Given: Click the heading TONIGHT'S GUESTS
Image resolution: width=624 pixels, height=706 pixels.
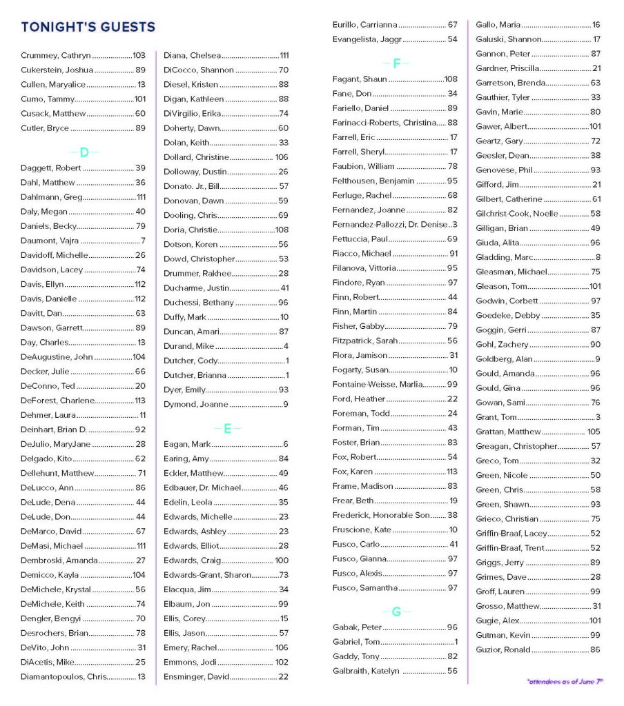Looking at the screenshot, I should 88,27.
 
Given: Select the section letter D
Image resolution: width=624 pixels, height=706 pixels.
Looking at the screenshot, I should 84,152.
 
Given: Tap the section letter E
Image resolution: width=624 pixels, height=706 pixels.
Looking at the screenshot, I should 227,429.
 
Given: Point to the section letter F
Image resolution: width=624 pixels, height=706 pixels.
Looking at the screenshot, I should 396,63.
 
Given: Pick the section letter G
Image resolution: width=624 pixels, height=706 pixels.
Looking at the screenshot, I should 396,612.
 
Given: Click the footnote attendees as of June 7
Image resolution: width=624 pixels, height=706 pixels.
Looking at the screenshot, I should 565,681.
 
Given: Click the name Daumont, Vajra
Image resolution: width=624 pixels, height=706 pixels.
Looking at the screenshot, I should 50,241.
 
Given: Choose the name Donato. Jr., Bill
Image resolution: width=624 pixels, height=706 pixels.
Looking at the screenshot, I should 191,186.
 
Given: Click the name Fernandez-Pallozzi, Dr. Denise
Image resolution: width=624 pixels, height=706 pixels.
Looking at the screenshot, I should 390,225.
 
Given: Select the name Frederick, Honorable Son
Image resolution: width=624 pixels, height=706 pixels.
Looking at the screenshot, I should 380,515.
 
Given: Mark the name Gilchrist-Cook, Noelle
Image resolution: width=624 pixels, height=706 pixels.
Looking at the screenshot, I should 517,214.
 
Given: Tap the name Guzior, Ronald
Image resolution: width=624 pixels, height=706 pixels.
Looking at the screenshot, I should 503,649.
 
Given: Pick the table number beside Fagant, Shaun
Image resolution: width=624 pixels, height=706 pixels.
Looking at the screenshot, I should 451,79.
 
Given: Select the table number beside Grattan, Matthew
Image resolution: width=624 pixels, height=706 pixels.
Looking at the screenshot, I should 594,432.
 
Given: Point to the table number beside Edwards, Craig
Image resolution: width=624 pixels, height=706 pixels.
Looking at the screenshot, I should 282,561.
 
